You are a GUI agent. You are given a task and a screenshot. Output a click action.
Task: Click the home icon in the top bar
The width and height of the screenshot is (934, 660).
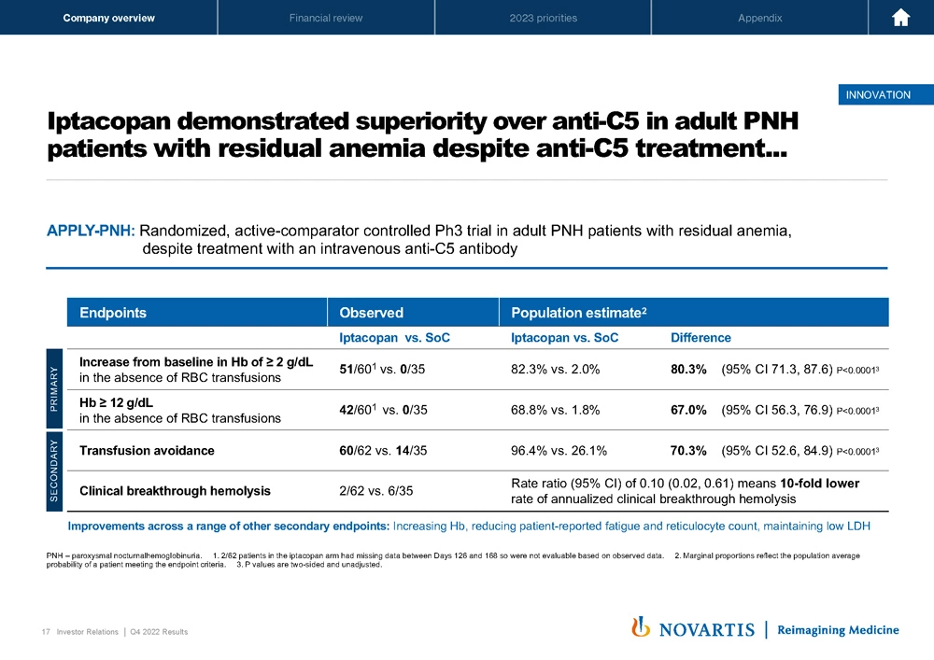(x=901, y=18)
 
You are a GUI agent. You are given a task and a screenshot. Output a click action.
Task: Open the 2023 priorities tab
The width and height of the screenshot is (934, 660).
(x=543, y=18)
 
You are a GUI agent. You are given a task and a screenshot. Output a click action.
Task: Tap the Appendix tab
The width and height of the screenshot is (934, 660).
(x=759, y=18)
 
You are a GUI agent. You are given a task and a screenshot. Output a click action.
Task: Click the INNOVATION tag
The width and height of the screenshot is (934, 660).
(x=877, y=94)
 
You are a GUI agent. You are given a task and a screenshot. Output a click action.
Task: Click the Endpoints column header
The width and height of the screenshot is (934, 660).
(x=113, y=313)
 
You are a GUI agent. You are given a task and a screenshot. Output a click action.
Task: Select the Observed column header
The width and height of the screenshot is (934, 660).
(x=371, y=313)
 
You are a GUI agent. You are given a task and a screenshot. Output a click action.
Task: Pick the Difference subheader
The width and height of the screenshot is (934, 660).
(x=700, y=337)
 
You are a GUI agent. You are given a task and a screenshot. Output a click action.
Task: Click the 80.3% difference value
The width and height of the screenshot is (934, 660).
(x=688, y=368)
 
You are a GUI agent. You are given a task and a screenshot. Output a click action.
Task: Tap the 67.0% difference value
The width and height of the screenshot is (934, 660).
(x=688, y=409)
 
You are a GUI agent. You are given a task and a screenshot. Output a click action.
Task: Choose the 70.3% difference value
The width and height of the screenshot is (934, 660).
(x=688, y=450)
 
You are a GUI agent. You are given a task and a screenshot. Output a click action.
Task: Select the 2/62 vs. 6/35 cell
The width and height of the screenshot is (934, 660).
(x=376, y=490)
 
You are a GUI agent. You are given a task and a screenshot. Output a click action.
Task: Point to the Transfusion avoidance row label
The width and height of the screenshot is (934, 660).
(x=147, y=450)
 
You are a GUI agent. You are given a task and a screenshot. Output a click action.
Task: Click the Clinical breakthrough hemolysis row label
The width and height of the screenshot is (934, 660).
(x=175, y=490)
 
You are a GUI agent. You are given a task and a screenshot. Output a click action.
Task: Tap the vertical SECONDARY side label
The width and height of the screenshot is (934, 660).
(x=55, y=470)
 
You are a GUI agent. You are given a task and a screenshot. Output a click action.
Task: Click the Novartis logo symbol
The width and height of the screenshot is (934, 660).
(x=641, y=627)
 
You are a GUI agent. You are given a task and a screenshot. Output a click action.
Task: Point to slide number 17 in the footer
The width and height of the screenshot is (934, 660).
(x=46, y=632)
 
